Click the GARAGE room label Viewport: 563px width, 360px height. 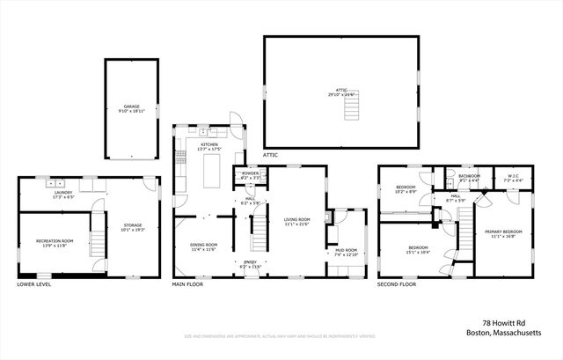[x=131, y=106]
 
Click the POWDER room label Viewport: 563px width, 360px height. [x=250, y=173]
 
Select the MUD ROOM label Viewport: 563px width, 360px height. [x=346, y=250]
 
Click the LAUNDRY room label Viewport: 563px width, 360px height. [x=62, y=192]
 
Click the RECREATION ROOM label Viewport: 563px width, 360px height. [x=54, y=240]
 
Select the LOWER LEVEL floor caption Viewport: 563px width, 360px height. [x=34, y=284]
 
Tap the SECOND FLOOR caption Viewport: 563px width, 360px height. [x=398, y=284]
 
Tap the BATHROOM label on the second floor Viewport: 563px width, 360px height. [x=470, y=176]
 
